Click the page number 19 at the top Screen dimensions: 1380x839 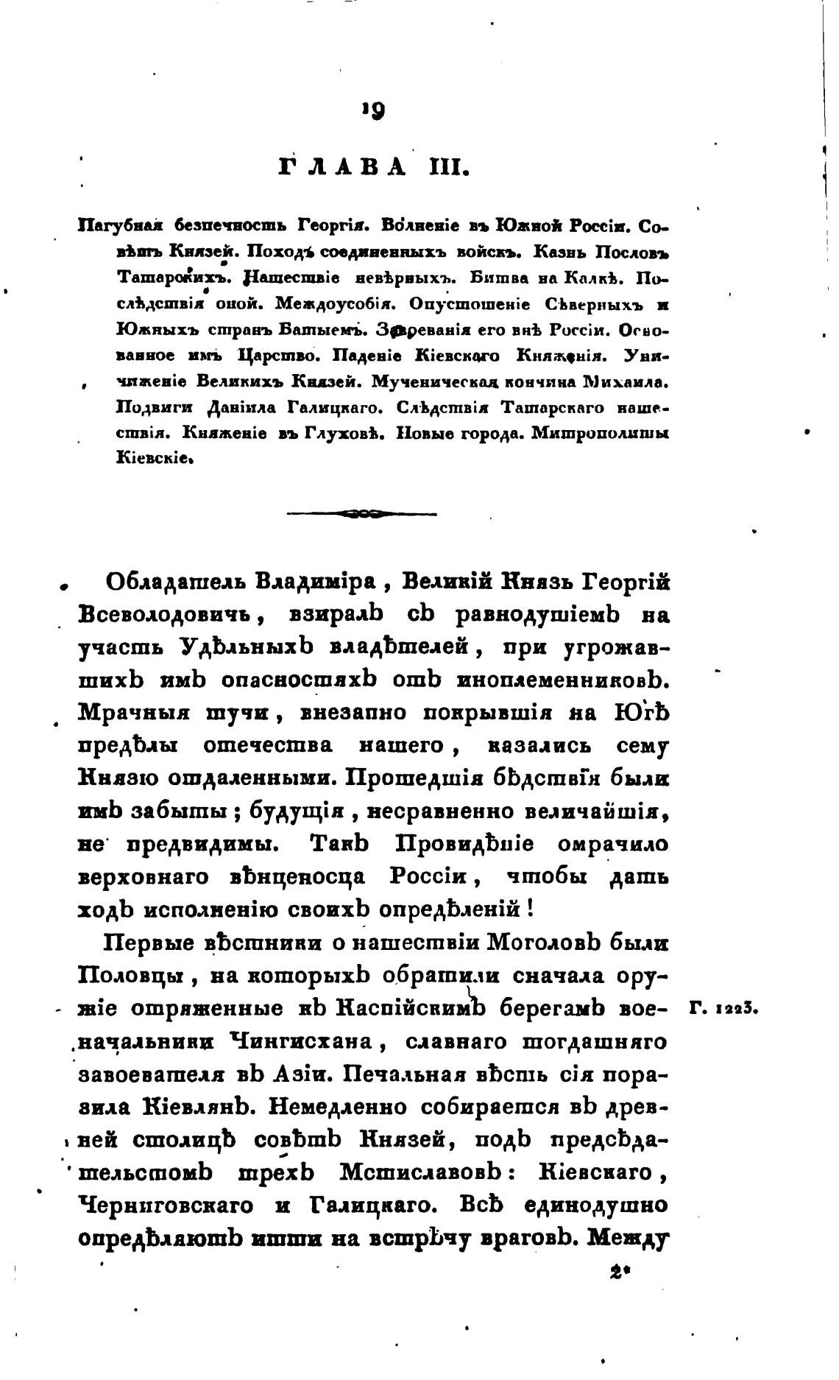373,110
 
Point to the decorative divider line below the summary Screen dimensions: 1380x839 361,513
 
